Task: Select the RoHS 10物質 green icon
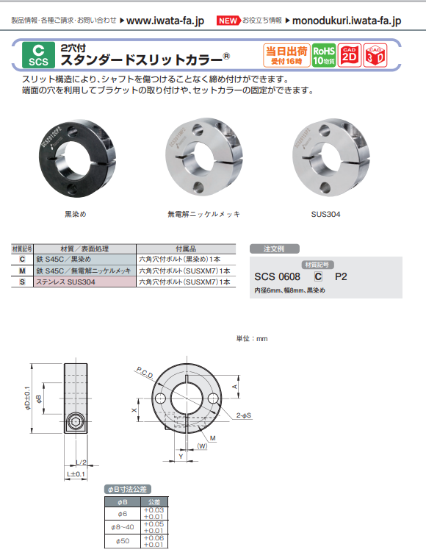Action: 323,55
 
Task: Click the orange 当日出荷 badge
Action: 286,55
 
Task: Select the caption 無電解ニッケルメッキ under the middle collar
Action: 203,215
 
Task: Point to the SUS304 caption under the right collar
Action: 326,215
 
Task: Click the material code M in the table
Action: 22,271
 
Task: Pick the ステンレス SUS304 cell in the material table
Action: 67,282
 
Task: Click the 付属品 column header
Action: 186,250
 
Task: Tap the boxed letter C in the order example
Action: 317,277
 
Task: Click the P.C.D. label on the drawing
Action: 144,374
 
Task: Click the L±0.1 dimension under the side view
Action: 76,474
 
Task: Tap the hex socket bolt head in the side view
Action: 76,424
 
